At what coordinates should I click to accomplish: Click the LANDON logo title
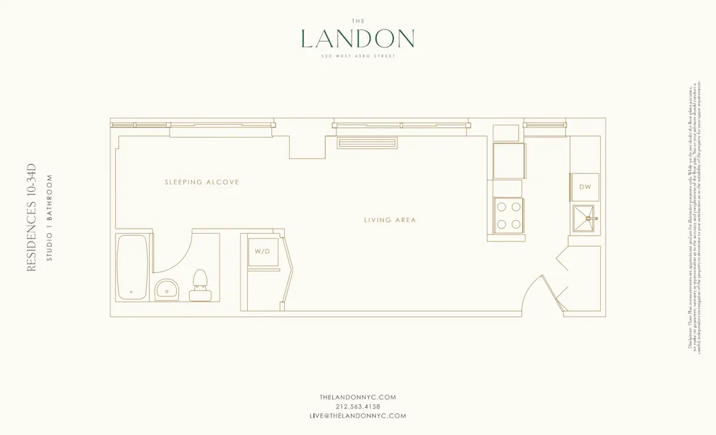357,39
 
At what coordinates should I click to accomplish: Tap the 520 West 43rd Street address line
357,57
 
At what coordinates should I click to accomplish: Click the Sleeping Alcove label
202,183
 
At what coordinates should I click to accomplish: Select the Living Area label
390,220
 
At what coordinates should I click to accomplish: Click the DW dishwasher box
584,186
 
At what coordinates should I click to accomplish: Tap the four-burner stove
508,214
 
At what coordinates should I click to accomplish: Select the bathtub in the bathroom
133,267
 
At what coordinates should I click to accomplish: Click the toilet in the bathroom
200,285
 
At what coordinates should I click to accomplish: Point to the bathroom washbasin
168,290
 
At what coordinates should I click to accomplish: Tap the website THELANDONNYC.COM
357,396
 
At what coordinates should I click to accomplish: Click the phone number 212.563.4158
357,406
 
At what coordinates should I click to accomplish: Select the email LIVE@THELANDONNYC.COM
357,416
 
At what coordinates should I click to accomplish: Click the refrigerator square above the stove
508,160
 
